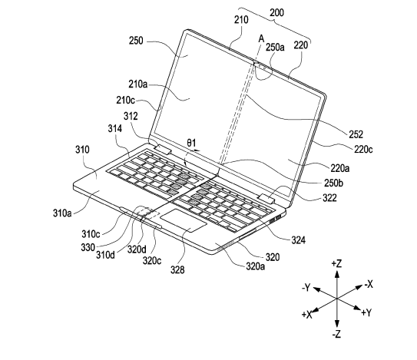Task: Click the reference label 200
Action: coord(276,12)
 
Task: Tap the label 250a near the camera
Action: coord(275,47)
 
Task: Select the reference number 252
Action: coord(356,134)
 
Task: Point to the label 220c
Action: coord(363,149)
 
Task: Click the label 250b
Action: coord(333,183)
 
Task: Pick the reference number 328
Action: coord(177,270)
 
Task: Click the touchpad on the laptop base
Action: coord(184,220)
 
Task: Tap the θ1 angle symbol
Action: coord(191,143)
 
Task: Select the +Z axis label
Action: coord(336,264)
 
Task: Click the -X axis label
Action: coord(369,285)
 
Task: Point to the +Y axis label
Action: coord(366,312)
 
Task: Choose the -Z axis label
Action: coord(336,334)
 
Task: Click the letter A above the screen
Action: coord(261,39)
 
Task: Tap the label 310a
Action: coord(62,213)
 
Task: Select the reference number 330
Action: coord(88,247)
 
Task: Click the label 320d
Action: coord(137,249)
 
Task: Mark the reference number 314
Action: coord(115,129)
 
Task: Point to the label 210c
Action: coord(125,101)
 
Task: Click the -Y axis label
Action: coord(306,287)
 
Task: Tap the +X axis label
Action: coord(306,315)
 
